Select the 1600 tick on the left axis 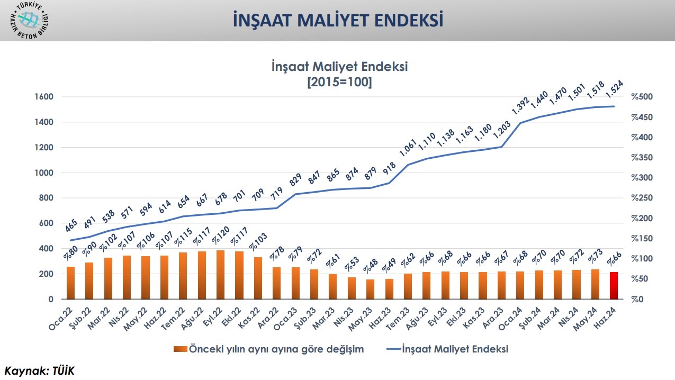[x=44, y=97]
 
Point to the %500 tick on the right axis [x=642, y=97]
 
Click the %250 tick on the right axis [x=642, y=198]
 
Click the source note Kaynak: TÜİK [x=40, y=370]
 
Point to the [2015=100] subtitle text [x=339, y=83]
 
